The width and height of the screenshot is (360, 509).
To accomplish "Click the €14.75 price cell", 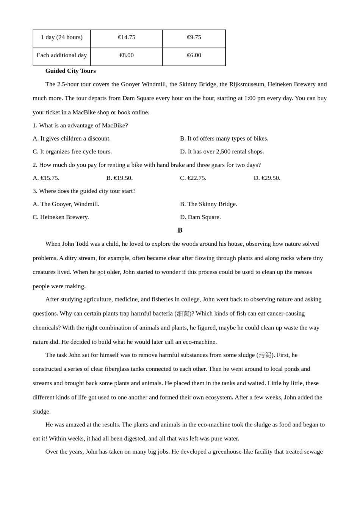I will point(127,37).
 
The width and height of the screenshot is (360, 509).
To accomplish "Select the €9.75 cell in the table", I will point(194,37).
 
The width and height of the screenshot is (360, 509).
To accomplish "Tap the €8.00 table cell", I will point(127,55).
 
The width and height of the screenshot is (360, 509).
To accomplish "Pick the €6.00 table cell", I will point(194,55).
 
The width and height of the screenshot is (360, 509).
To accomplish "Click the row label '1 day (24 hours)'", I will point(62,37).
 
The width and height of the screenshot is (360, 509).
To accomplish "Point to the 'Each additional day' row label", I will point(62,55).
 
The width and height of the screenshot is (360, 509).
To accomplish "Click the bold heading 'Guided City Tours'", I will point(70,71).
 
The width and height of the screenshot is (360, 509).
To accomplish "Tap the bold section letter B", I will point(180,230).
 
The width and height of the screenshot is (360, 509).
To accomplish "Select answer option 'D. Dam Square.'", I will point(200,217).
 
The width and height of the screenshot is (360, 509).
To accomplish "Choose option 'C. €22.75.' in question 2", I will point(193,178).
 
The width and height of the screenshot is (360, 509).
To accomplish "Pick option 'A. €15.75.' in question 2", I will point(46,178).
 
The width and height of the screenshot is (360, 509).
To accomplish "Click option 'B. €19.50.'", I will point(119,178).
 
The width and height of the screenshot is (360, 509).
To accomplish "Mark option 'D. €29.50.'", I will point(267,178).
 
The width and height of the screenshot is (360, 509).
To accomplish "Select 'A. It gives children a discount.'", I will point(72,139).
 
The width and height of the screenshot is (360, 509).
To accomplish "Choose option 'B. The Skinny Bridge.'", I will point(209,204).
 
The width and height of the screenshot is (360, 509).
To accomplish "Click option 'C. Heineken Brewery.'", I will point(61,217).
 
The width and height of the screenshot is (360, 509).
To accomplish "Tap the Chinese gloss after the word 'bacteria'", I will point(183,314).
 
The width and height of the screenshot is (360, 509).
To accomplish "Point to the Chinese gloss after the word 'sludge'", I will point(265,355).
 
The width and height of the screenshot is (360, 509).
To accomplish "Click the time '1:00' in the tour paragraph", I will point(250,98).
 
